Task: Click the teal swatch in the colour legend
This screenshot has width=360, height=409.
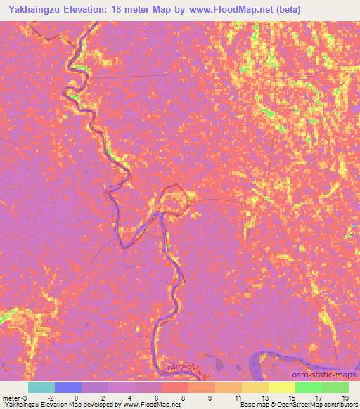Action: pyautogui.click(x=41, y=387)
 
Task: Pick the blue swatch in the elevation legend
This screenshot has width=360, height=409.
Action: pyautogui.click(x=68, y=387)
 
